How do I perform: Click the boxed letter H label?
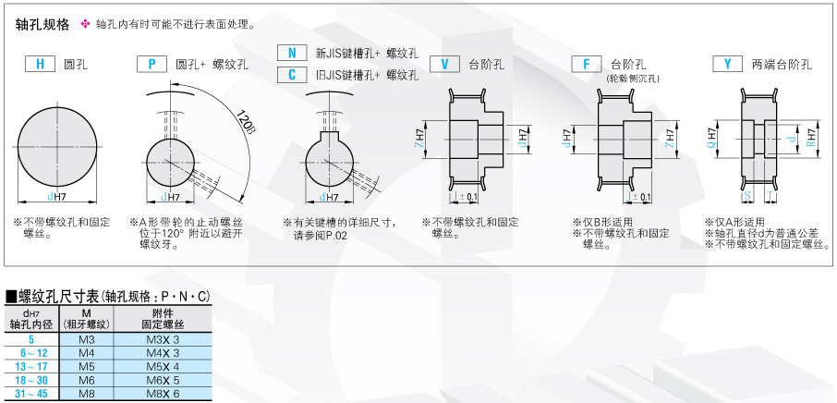[40, 65]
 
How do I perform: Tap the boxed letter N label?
[292, 54]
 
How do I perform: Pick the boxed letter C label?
[292, 75]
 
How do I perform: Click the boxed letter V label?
[444, 65]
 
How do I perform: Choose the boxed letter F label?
[586, 65]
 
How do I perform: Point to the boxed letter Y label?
[728, 65]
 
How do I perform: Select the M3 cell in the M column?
[87, 340]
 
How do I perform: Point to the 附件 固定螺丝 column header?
[163, 319]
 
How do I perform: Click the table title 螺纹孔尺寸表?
[56, 297]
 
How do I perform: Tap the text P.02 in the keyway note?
[334, 236]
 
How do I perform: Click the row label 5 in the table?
[31, 340]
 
